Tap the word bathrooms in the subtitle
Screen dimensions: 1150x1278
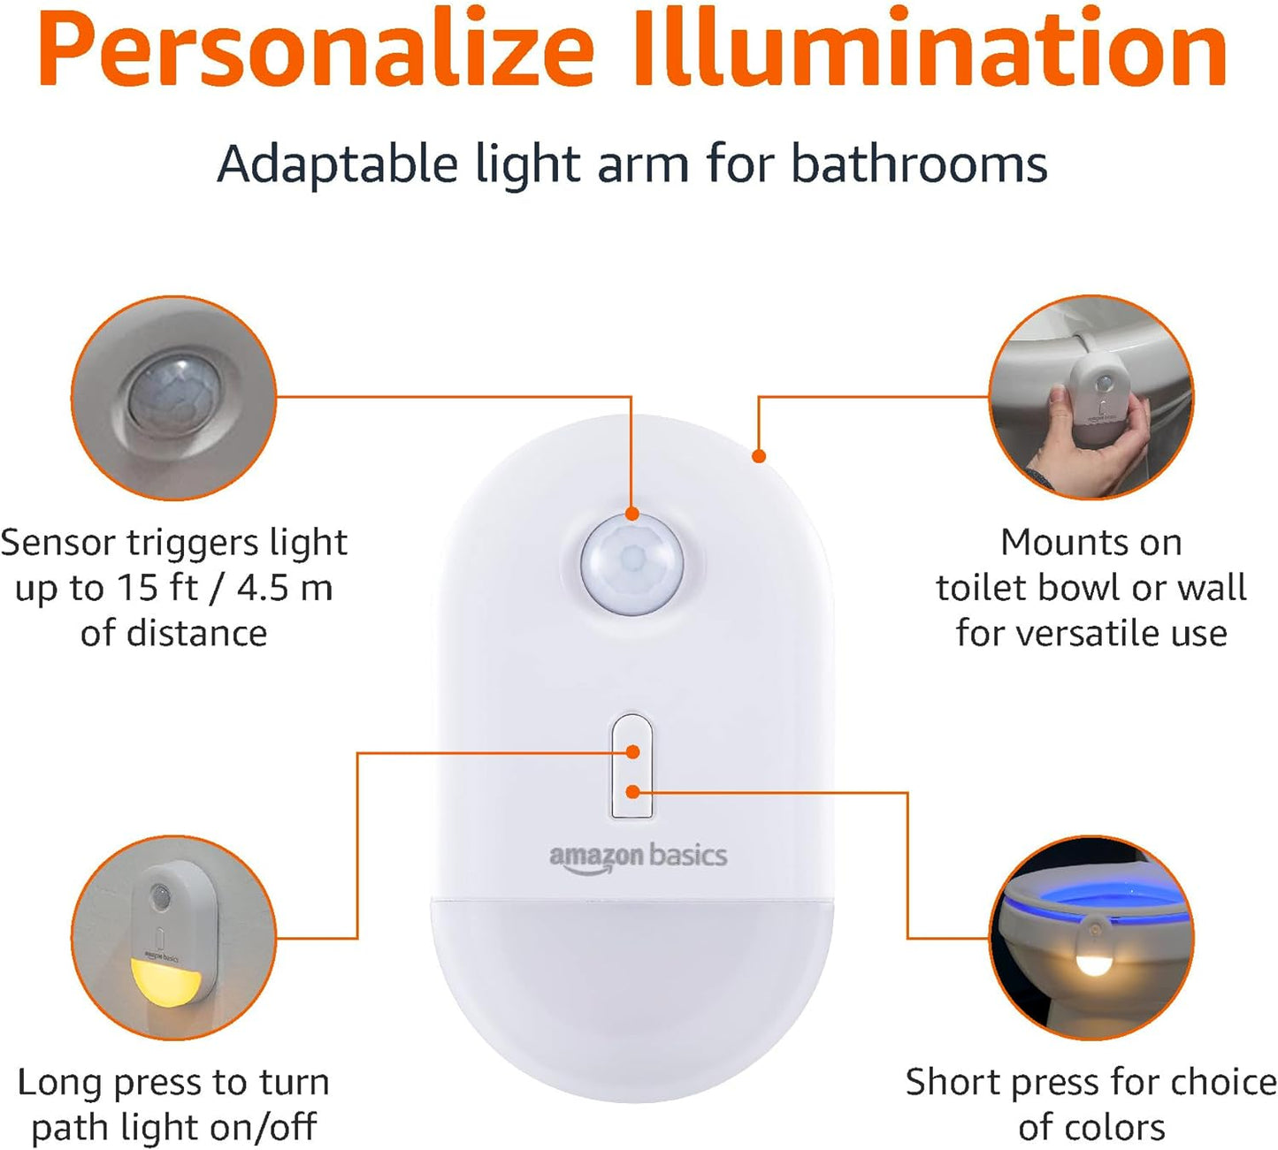click(919, 164)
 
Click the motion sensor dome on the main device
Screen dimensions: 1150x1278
click(632, 564)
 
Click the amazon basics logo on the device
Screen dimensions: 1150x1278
click(638, 857)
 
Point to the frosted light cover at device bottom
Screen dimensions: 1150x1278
click(632, 990)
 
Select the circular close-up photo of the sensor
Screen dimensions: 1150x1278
click(174, 399)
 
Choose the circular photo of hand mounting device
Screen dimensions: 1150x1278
click(1091, 398)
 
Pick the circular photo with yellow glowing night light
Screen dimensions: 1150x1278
click(174, 937)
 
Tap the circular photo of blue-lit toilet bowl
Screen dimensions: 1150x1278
click(1091, 937)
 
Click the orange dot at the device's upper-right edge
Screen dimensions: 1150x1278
click(758, 456)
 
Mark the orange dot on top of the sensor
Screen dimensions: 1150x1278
click(631, 514)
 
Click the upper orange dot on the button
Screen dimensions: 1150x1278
click(632, 752)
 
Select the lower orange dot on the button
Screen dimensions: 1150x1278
click(632, 792)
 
